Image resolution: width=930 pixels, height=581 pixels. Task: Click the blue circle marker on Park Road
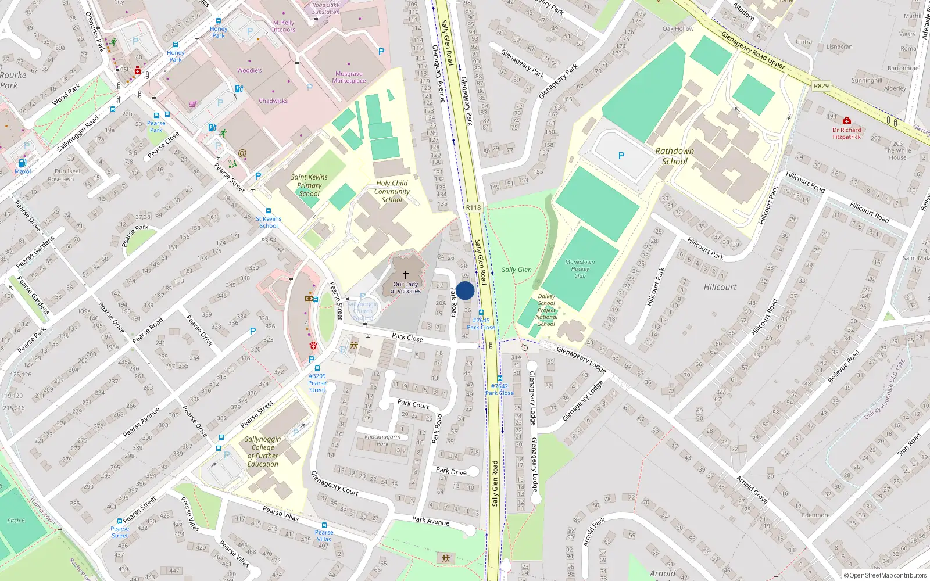pyautogui.click(x=465, y=290)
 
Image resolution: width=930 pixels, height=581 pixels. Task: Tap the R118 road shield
pyautogui.click(x=473, y=207)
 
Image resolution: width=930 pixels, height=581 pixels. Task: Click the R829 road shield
pyautogui.click(x=821, y=86)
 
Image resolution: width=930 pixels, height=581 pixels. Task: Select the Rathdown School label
pyautogui.click(x=674, y=156)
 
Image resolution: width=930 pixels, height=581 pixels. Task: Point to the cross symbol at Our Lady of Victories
pyautogui.click(x=406, y=274)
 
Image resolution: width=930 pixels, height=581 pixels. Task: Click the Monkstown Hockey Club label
pyautogui.click(x=580, y=269)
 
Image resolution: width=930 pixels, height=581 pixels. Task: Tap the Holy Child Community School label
pyautogui.click(x=392, y=191)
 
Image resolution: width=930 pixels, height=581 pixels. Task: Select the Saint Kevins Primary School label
pyautogui.click(x=309, y=185)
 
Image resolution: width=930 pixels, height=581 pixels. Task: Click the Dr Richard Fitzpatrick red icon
pyautogui.click(x=846, y=121)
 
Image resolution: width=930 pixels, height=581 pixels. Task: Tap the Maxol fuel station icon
pyautogui.click(x=23, y=163)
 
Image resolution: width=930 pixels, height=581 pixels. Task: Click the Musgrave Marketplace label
pyautogui.click(x=349, y=77)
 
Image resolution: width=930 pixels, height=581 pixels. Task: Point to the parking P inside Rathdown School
pyautogui.click(x=621, y=156)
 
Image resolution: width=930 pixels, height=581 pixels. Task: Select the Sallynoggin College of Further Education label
pyautogui.click(x=263, y=451)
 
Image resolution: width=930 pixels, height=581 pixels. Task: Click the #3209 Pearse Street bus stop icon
pyautogui.click(x=317, y=368)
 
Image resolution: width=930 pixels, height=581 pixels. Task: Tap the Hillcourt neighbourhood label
pyautogui.click(x=720, y=287)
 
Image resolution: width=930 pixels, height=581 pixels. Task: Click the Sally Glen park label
pyautogui.click(x=516, y=270)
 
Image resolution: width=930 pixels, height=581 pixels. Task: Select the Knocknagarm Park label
pyautogui.click(x=382, y=440)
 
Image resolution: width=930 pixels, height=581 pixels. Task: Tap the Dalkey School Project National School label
pyautogui.click(x=546, y=310)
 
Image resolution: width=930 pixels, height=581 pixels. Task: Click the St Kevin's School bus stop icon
pyautogui.click(x=269, y=211)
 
